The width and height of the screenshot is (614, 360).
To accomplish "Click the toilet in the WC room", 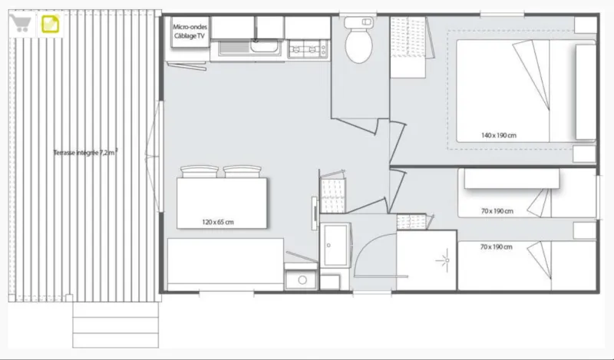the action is pyautogui.click(x=358, y=40).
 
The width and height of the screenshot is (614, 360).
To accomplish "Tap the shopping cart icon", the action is pyautogui.click(x=21, y=23).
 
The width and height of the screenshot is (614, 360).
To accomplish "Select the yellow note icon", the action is pyautogui.click(x=50, y=24).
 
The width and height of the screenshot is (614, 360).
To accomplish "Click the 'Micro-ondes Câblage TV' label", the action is pyautogui.click(x=190, y=31).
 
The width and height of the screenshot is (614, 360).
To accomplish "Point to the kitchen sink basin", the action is pyautogui.click(x=266, y=46).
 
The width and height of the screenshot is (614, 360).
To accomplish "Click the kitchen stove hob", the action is pyautogui.click(x=309, y=49).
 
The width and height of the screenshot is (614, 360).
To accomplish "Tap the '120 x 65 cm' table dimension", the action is pyautogui.click(x=218, y=222).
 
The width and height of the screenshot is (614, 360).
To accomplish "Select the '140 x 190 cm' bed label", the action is pyautogui.click(x=498, y=136).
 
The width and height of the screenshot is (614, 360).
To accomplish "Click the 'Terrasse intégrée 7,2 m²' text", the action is pyautogui.click(x=86, y=153).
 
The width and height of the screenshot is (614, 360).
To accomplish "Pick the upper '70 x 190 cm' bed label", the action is pyautogui.click(x=497, y=211).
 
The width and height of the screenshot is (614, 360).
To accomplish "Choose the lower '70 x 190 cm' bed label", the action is pyautogui.click(x=496, y=247).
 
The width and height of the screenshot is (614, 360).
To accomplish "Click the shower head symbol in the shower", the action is pyautogui.click(x=445, y=259).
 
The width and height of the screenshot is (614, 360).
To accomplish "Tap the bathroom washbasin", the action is pyautogui.click(x=335, y=245).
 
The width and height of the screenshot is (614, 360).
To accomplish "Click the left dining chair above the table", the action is pyautogui.click(x=200, y=172).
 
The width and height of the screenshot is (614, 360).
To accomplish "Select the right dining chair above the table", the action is pyautogui.click(x=242, y=172).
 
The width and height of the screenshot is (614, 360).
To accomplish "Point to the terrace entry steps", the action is pyautogui.click(x=116, y=325).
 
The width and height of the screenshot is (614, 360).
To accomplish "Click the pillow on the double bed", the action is pyautogui.click(x=586, y=91).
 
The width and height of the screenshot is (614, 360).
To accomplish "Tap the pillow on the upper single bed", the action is pyautogui.click(x=512, y=179).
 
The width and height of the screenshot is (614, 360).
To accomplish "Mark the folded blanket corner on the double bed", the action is pyautogui.click(x=532, y=74).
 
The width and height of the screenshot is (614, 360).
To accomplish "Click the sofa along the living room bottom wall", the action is pyautogui.click(x=225, y=264).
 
